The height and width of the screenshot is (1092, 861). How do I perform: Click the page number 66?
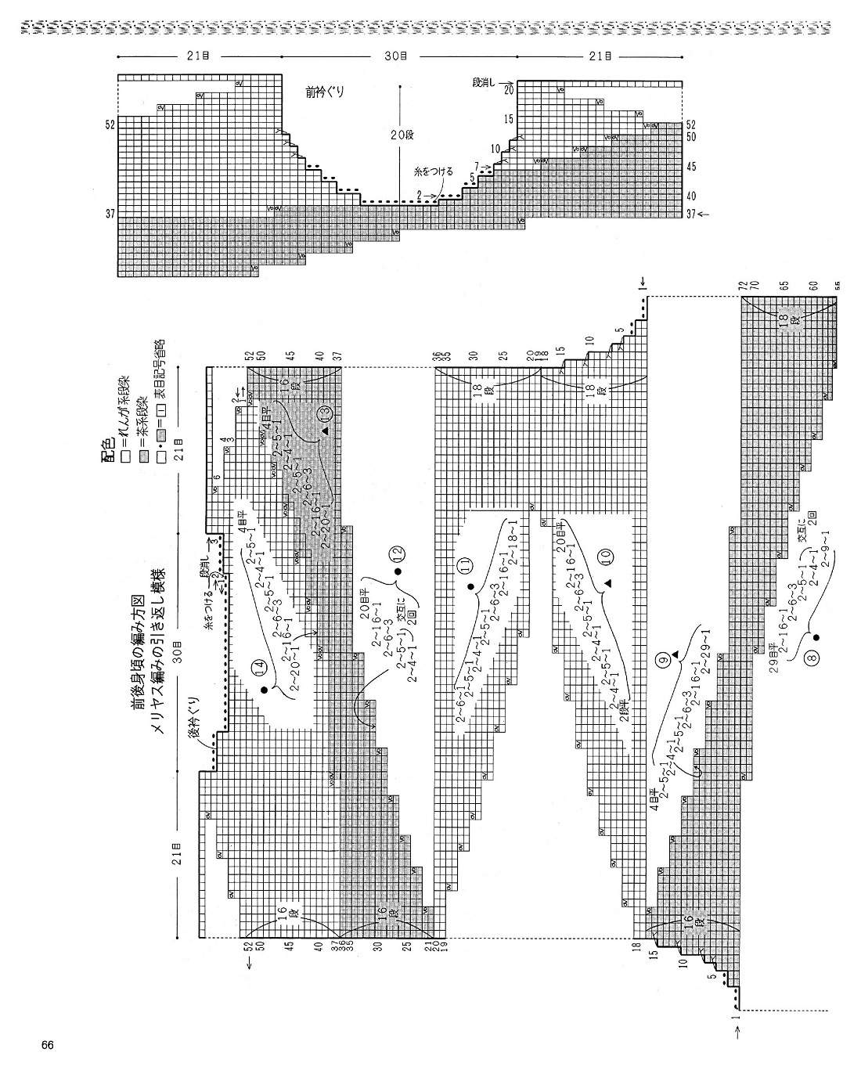(48, 1045)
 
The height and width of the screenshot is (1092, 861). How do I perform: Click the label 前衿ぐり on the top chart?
(325, 91)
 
